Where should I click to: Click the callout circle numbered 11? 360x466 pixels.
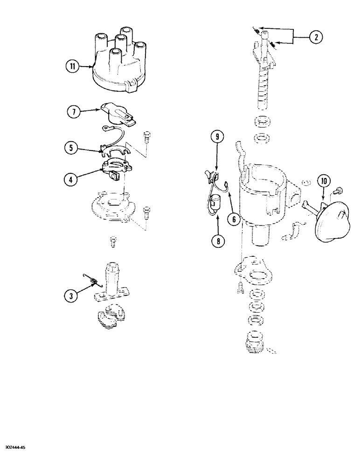point(72,67)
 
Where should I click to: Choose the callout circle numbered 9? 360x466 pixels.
point(217,137)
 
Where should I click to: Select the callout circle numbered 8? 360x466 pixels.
point(217,240)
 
